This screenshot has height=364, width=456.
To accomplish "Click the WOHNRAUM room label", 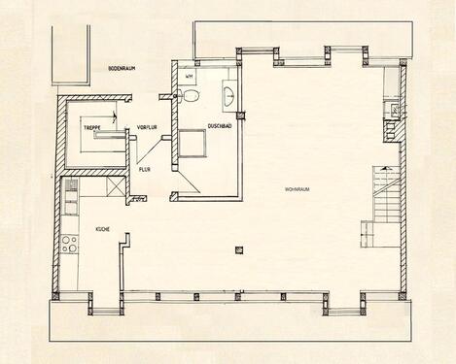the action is pos(297,188).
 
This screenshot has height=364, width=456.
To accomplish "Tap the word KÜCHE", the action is pos(101,228).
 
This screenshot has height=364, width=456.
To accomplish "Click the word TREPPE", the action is pos(93,127).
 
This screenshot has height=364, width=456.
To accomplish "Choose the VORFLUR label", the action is pos(147,127).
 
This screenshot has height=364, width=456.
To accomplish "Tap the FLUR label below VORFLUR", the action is pos(144,169).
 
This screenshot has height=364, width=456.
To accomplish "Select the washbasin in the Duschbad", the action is pos(228,95).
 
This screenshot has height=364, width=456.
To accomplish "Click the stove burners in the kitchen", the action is pos(69,244).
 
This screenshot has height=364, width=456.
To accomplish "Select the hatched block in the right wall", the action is pos(394,110).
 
